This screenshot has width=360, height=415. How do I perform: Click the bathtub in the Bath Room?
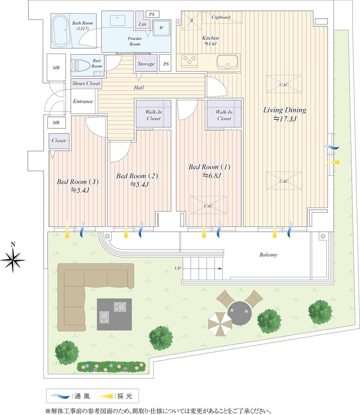[x=61, y=31]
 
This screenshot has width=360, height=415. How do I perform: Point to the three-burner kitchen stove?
[x=189, y=60]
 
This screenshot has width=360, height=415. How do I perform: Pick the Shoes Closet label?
[x=86, y=83]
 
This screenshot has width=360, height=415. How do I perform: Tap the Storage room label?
[x=146, y=64]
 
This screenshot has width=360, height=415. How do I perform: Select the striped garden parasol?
[x=220, y=324]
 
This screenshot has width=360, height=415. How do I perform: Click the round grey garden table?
[x=239, y=313]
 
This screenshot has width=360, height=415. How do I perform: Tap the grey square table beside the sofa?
[x=114, y=314]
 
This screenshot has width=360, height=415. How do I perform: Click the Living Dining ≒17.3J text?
[x=284, y=114]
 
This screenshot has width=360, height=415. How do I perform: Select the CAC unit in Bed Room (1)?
[x=208, y=205]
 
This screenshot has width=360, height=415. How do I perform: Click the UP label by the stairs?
[x=177, y=268]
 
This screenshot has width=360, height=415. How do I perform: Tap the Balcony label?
[x=268, y=255]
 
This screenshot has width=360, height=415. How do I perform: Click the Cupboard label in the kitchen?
[x=221, y=18]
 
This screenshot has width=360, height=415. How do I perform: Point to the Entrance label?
[x=83, y=101]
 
